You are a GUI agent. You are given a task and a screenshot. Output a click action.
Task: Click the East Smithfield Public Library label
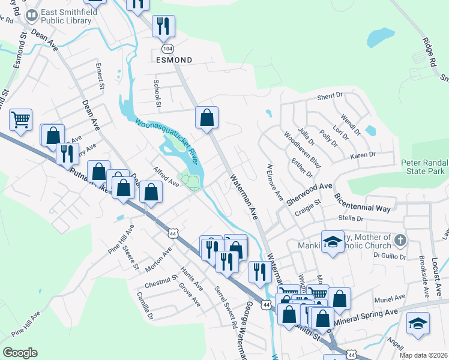66,16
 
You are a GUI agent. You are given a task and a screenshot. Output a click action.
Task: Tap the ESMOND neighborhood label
174,61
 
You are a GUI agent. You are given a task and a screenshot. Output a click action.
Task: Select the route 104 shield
166,47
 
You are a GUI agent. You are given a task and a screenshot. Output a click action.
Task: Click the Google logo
20,353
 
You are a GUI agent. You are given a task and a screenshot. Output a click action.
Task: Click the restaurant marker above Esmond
163,26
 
